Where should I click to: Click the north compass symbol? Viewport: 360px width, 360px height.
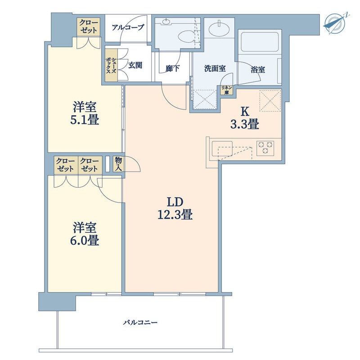pos(336,24)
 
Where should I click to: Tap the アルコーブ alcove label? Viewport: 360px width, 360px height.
pos(128,28)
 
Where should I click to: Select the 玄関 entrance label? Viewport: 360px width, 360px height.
pos(135,65)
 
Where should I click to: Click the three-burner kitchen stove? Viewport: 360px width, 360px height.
pos(265,148)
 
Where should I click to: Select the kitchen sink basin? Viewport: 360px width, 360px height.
pos(222,149)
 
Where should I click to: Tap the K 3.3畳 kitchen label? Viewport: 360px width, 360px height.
pos(245,118)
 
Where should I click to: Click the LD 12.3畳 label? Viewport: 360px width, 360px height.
pos(175,208)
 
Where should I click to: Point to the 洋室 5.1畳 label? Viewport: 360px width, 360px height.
pos(85,113)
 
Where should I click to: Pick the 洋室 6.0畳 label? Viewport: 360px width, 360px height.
pos(85,234)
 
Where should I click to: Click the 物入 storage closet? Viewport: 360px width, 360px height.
pos(119,164)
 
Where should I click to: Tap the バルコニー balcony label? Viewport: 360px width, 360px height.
pos(140,323)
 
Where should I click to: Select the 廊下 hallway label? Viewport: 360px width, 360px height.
pos(172,68)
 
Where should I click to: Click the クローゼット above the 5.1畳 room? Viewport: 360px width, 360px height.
pos(89,27)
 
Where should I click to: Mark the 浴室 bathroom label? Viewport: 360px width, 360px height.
pos(258,69)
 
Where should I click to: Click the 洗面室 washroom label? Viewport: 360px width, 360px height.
pos(215,68)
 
